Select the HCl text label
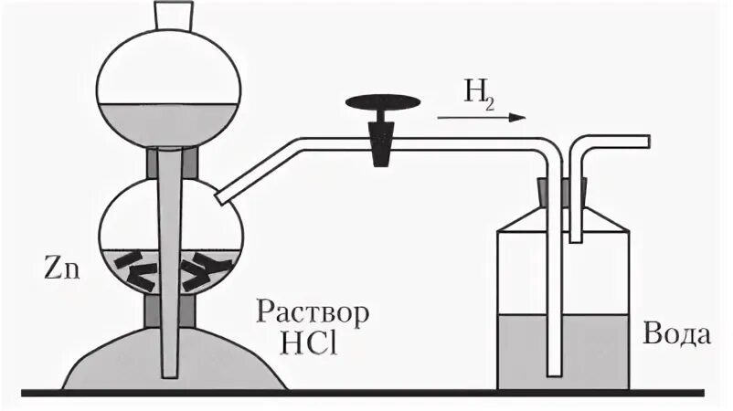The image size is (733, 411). pos(313,346)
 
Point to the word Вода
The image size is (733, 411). pos(677,334)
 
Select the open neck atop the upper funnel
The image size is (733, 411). pos(172,15)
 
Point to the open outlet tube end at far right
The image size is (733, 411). pos(646,141)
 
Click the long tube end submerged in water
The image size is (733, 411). pos(553,370)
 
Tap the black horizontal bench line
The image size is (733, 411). pos(366,393)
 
